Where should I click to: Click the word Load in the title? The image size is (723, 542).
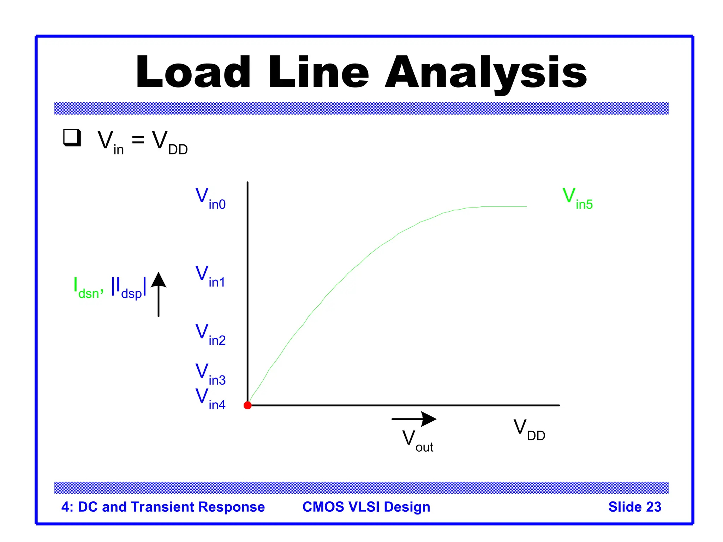coord(193,72)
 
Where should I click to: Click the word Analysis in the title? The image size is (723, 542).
coord(485,72)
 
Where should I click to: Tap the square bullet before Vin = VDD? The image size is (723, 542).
coord(72,138)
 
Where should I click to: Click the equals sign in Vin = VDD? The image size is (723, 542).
coord(138,140)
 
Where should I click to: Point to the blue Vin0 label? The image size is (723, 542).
coord(210,198)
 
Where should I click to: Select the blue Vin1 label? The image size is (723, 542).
coord(210,277)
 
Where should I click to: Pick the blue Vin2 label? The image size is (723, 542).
coord(210,335)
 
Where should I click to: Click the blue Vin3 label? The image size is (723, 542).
coord(210,374)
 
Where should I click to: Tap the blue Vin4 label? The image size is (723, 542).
coord(210,399)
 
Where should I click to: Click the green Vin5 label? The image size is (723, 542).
coord(577,198)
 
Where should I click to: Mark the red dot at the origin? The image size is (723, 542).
coord(247,405)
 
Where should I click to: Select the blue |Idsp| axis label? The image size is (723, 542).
coord(129,288)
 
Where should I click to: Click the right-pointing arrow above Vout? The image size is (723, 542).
coord(414,419)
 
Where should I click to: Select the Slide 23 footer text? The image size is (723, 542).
coord(634,507)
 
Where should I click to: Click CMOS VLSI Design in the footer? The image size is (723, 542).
coord(366,507)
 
